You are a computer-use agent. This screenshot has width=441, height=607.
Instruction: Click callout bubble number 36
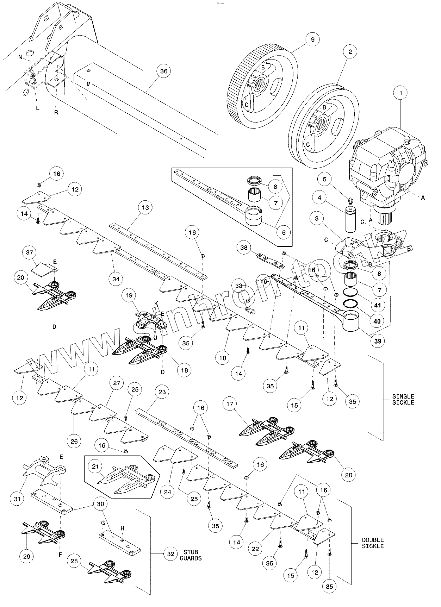coord(163,71)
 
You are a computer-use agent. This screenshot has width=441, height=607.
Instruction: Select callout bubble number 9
coord(312,39)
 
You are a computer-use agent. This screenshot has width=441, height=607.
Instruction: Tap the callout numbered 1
coord(400,93)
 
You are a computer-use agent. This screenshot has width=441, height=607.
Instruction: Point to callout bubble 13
coord(145,208)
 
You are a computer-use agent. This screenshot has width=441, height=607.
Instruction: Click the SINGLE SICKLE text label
coord(403,399)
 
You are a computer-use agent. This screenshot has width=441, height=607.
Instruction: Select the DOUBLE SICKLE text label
coord(373,543)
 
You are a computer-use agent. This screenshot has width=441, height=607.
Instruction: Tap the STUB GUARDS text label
coord(191,555)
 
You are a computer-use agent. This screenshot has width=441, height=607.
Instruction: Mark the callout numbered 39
coord(377,341)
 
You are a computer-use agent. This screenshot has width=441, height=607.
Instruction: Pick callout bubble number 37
coord(30,252)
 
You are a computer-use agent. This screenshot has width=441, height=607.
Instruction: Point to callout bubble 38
coord(244,248)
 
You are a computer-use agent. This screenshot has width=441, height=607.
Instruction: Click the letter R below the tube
coord(56,113)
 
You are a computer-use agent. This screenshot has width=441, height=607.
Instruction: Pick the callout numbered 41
coord(377,305)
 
